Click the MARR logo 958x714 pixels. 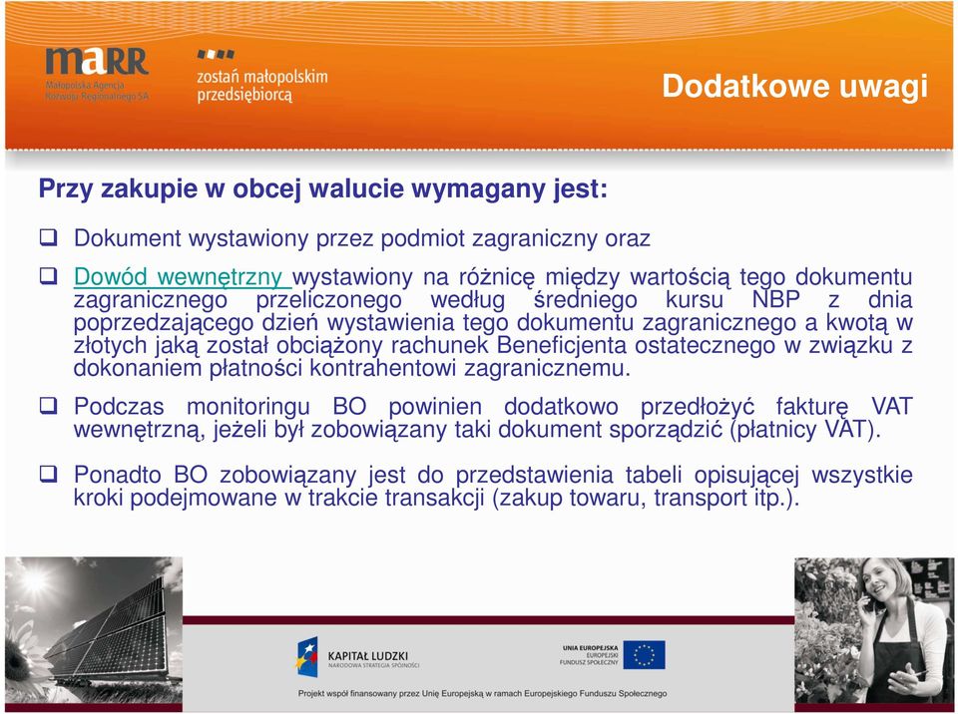[x=97, y=73]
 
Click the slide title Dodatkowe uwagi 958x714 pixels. [x=795, y=86]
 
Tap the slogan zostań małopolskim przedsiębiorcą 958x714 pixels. [x=262, y=85]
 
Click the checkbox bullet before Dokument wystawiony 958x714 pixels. [x=49, y=237]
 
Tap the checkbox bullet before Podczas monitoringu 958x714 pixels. [x=49, y=405]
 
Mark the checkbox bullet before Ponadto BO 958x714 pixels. [x=49, y=474]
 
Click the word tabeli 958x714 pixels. [x=653, y=475]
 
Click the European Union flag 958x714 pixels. [x=644, y=655]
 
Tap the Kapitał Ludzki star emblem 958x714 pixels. [x=307, y=656]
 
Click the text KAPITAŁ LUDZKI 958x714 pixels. [x=368, y=656]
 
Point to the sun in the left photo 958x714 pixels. [x=35, y=580]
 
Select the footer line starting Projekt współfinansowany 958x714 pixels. [x=482, y=694]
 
